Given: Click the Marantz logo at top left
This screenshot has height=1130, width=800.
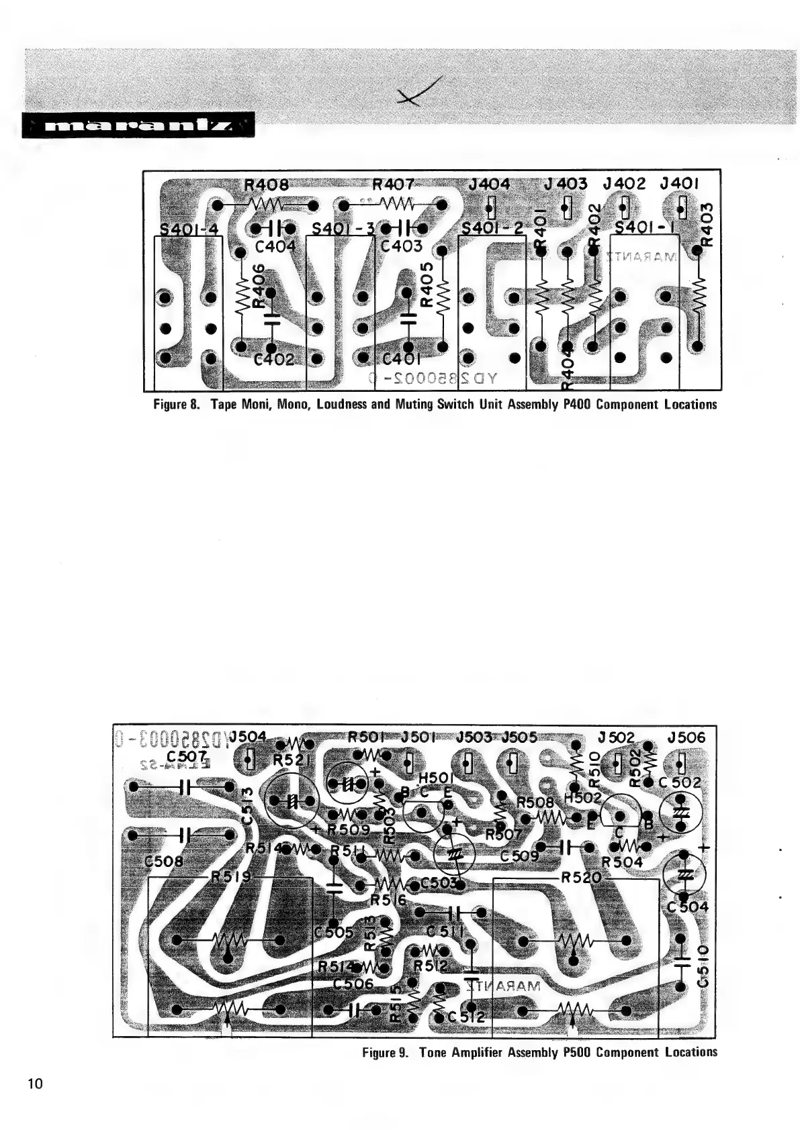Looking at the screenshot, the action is coord(138,125).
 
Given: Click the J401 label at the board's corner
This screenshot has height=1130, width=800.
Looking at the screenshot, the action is coord(680,184).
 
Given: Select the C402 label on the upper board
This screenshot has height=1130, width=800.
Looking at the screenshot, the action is coord(274,360).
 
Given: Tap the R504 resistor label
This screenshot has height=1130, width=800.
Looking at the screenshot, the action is coord(622,862).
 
